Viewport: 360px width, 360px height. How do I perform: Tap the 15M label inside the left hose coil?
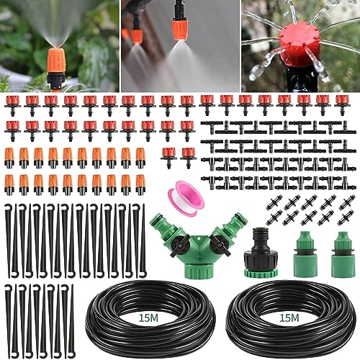[x=148, y=318]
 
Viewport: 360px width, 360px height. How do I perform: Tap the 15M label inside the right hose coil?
[x=289, y=318]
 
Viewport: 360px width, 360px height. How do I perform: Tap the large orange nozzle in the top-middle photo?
[x=180, y=27]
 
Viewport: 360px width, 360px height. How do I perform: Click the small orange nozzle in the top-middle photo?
[x=137, y=35]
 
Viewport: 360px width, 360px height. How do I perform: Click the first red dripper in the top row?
[x=12, y=104]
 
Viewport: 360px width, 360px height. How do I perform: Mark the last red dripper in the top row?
[x=342, y=104]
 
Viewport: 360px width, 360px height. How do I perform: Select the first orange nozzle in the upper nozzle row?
[x=9, y=158]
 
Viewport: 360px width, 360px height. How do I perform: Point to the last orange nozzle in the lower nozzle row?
[x=140, y=184]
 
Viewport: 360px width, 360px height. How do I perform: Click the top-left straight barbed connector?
[x=274, y=202]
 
